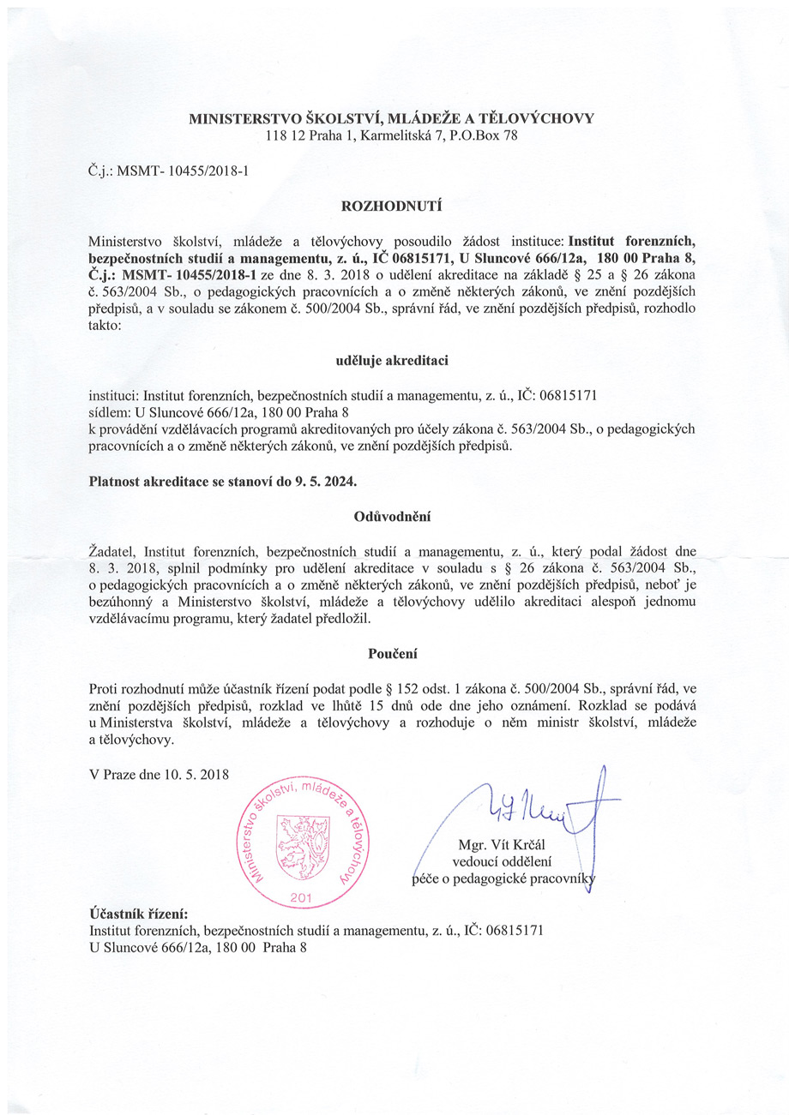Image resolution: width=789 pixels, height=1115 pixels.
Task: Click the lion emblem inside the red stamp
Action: coord(299,845)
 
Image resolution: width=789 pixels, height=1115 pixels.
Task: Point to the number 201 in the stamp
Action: coord(301,896)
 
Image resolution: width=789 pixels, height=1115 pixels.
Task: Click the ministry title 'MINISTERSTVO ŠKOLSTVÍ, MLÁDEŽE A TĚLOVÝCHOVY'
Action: coord(391,118)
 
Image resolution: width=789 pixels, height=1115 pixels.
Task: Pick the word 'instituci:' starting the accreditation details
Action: coord(113,395)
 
